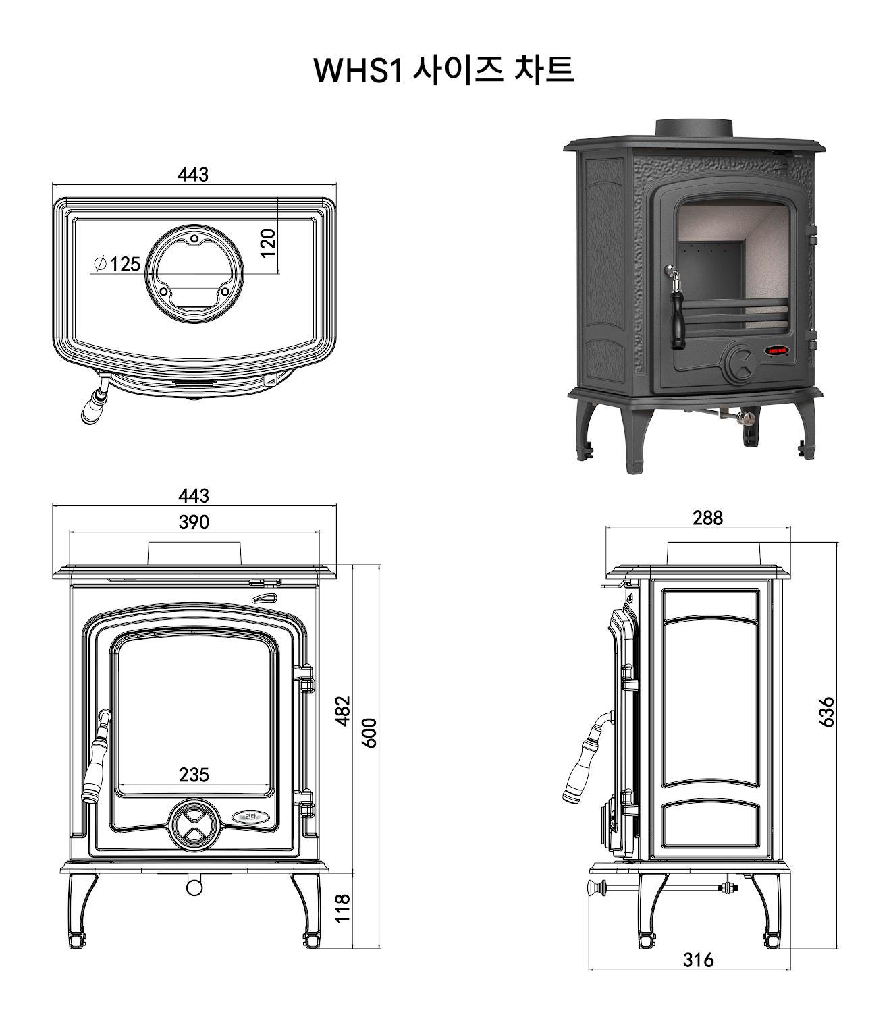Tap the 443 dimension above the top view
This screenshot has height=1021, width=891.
[193, 175]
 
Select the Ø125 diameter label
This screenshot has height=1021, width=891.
[117, 264]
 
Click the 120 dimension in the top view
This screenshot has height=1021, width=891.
[268, 243]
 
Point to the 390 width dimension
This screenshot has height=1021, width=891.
[194, 522]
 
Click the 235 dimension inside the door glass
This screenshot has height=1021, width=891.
[194, 775]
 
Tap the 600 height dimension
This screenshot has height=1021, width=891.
[369, 733]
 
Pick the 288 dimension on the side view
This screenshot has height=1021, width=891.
[707, 518]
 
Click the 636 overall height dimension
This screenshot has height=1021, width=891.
[826, 712]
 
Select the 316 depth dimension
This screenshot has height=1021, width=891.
[697, 960]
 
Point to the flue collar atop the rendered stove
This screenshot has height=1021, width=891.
[694, 128]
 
